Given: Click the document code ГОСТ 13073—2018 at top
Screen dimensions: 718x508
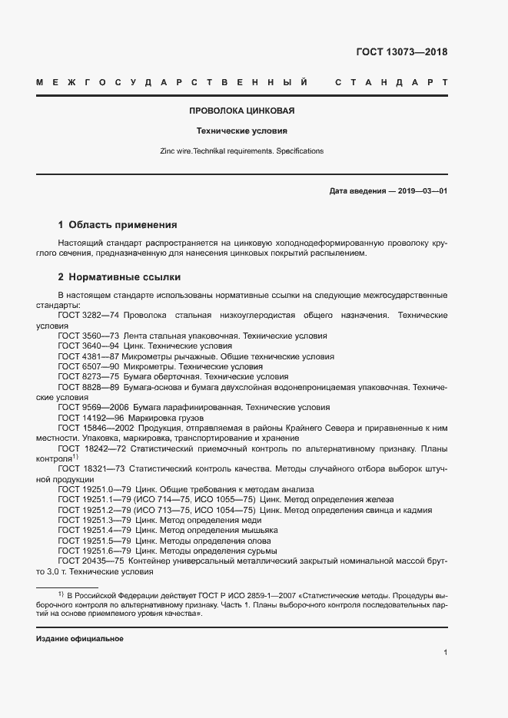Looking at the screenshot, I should coord(401,53).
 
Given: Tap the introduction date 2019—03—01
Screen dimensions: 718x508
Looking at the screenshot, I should coord(420,190).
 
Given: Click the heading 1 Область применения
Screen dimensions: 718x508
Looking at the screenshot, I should coord(118,225).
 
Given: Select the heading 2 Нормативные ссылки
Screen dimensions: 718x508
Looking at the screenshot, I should coord(119,276).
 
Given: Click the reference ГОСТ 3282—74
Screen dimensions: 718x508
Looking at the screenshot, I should coord(87,316).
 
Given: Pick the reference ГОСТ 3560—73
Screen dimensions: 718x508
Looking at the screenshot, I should coord(87,336).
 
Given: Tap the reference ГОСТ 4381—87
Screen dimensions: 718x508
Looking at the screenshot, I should coord(87,356).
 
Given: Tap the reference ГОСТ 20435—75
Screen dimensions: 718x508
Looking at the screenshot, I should coord(87,561).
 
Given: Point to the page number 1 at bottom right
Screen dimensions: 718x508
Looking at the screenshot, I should coord(445,653).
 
